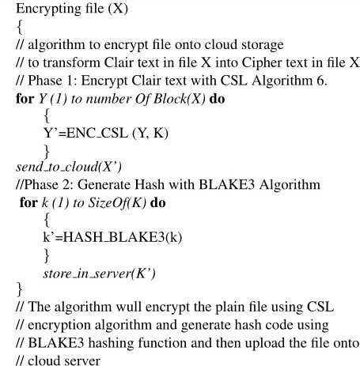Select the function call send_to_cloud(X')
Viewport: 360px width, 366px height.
[x=69, y=167]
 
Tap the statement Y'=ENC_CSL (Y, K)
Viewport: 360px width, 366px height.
[x=106, y=133]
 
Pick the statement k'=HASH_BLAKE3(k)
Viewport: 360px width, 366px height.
[x=112, y=237]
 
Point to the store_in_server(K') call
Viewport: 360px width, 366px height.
[x=100, y=274]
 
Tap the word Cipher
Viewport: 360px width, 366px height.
[x=259, y=63]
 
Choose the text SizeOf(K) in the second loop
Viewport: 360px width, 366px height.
[x=117, y=203]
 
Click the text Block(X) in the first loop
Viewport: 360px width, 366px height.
[x=179, y=99]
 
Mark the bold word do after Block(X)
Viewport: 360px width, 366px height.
[x=217, y=99]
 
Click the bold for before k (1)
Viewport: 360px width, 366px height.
[x=28, y=202]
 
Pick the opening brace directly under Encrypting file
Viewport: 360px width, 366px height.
[x=19, y=27]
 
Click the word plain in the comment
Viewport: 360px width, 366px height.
[x=229, y=308]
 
